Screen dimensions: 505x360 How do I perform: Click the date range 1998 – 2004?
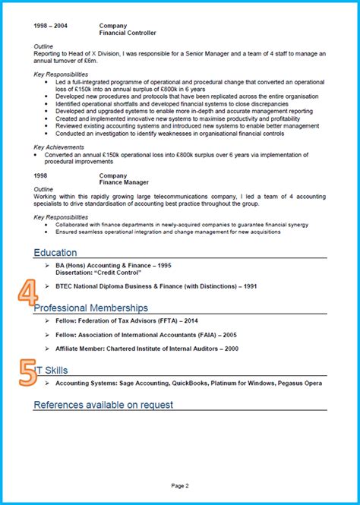coord(50,25)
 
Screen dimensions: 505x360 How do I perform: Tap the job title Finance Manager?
coord(122,183)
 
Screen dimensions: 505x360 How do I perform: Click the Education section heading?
coord(55,252)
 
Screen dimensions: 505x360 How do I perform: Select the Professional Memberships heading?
coord(91,308)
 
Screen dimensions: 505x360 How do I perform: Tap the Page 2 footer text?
coord(180,485)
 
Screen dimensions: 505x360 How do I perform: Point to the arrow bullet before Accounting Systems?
coord(47,383)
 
